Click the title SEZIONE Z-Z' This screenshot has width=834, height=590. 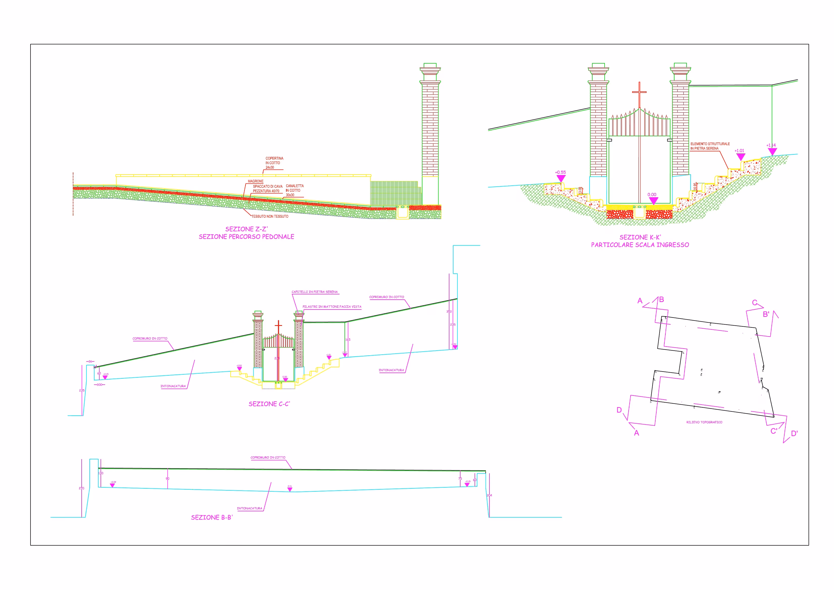246,229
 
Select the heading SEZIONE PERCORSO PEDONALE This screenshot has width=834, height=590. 246,237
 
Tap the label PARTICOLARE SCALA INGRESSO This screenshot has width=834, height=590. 640,245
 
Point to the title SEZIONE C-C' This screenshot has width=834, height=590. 269,404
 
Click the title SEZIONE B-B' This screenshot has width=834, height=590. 212,517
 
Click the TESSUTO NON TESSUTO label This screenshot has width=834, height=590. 270,216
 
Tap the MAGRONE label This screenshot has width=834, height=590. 255,181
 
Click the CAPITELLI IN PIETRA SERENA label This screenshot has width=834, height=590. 314,292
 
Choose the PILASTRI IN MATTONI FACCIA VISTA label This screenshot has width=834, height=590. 332,307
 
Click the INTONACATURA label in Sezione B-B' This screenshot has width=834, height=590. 249,509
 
